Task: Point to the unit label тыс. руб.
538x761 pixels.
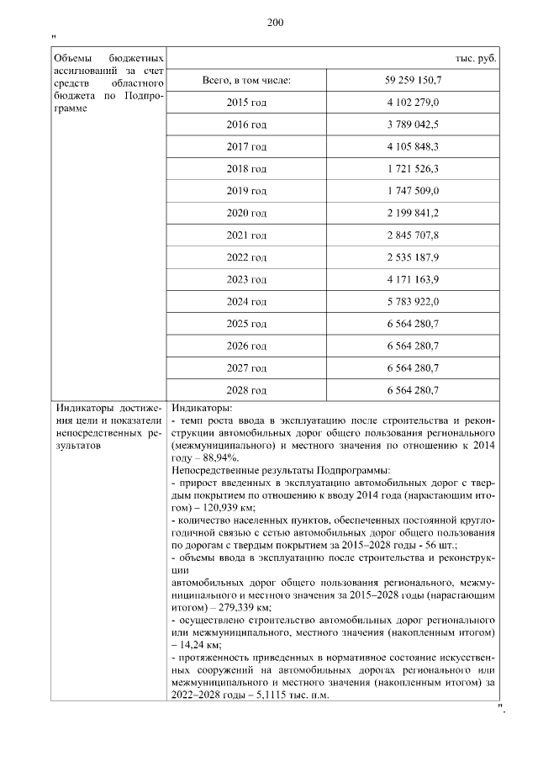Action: [x=476, y=58]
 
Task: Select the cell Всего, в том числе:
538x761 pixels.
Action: [x=246, y=81]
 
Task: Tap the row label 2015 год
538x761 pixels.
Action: [x=246, y=103]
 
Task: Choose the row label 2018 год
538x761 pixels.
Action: [x=246, y=169]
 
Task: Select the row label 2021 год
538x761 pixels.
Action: [x=246, y=235]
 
